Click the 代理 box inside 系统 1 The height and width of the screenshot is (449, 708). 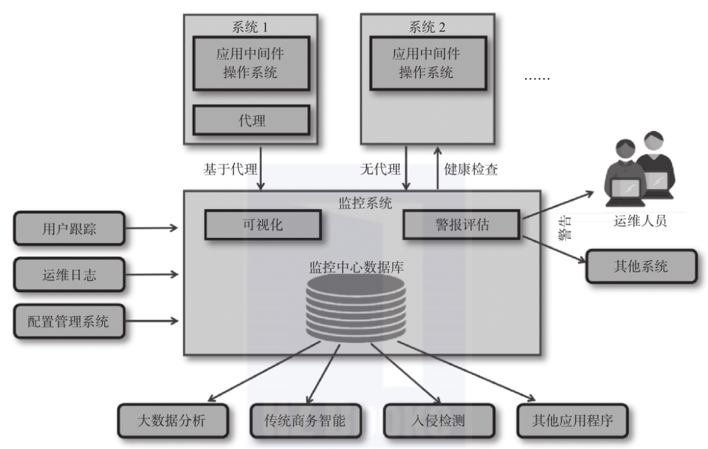[x=251, y=121]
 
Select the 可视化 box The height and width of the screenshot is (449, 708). [x=263, y=224]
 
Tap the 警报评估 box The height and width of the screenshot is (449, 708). [x=460, y=225]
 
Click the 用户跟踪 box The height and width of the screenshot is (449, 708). [x=69, y=227]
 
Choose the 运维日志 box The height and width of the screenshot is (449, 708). [x=69, y=275]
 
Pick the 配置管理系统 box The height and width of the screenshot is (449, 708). [x=69, y=321]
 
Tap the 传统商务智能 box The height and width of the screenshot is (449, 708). [x=298, y=420]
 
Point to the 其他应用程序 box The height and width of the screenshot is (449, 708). [x=573, y=420]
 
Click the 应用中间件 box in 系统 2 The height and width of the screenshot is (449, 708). [x=427, y=63]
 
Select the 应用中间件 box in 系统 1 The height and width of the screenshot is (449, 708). [x=250, y=63]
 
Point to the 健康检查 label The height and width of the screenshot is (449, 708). [x=471, y=169]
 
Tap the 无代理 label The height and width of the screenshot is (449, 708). [x=380, y=169]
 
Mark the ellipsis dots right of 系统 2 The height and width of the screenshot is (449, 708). [x=538, y=78]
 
